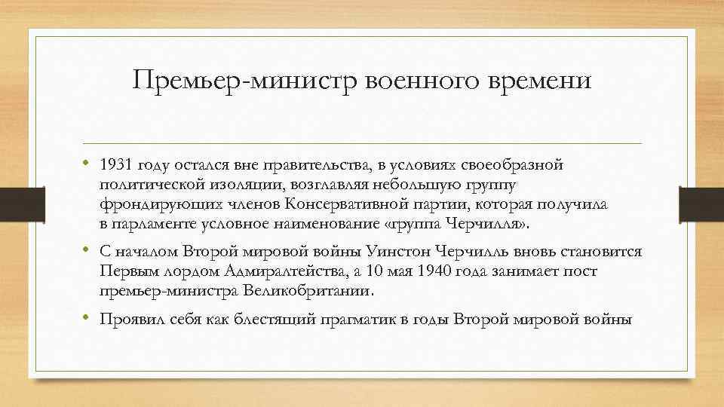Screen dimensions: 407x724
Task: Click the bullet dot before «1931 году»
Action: [x=87, y=164]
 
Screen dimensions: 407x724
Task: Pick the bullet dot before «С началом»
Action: [x=87, y=251]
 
